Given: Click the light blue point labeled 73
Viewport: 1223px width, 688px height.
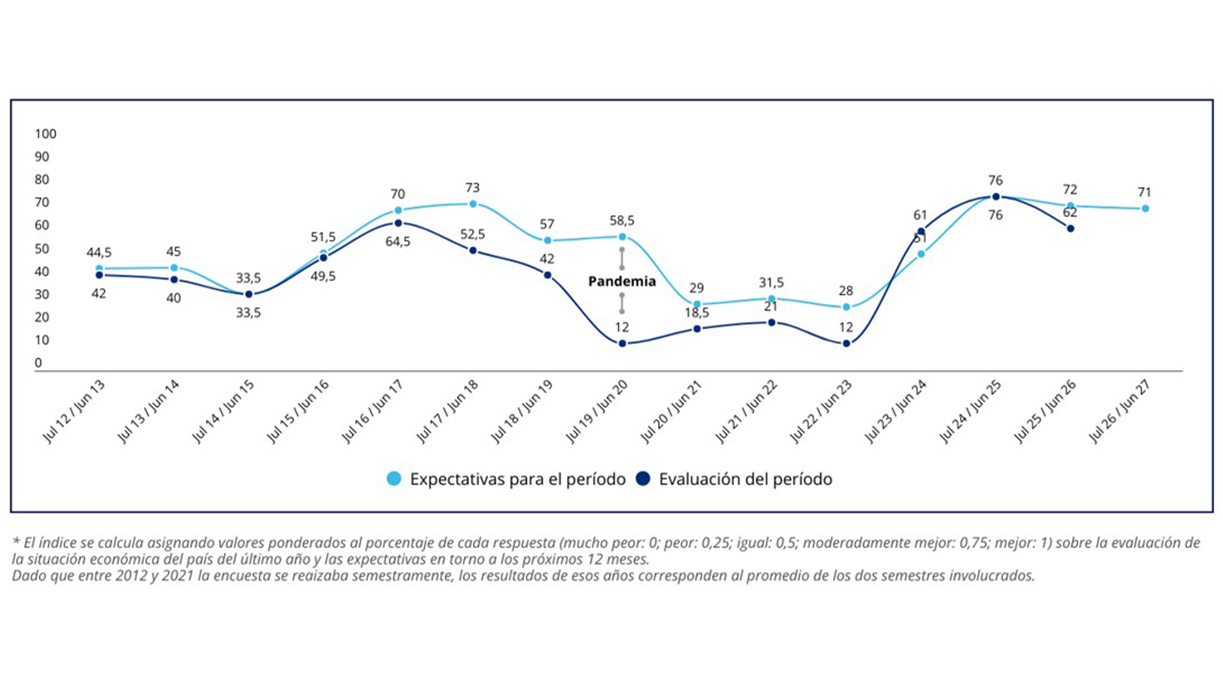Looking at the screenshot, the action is pos(473,204).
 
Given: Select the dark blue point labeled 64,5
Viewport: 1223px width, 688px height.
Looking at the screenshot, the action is pos(398,223).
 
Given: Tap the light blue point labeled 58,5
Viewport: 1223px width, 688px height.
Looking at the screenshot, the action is pos(622,237).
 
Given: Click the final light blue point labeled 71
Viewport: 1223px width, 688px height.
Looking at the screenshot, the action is pos(1145,208).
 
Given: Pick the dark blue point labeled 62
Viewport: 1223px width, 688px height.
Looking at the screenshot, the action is pos(1071,229).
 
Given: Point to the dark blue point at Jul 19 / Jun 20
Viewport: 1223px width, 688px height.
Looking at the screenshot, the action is pos(622,344).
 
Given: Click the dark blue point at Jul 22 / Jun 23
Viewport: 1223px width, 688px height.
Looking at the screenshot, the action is pos(847,344).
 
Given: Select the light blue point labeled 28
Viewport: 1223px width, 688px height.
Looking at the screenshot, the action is pos(847,307).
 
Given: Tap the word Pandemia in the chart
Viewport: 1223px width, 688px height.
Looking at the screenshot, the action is pos(622,282).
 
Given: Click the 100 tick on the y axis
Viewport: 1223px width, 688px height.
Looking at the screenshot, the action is pos(46,134).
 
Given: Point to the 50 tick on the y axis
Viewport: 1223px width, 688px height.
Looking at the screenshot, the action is pos(42,249).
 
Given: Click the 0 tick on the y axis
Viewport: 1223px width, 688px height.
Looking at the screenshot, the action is pos(38,363).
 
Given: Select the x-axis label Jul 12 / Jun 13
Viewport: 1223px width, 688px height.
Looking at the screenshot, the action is pos(74,412).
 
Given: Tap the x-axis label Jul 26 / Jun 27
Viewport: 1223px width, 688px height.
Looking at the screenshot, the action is pos(1120,412).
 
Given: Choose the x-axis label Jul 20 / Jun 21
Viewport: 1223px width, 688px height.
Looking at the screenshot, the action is pos(671,412).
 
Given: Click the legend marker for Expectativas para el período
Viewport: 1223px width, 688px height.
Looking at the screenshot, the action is pos(394,479).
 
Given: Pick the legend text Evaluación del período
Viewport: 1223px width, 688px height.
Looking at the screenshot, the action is pos(745,479).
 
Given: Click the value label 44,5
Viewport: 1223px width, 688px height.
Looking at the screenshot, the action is pos(99,253).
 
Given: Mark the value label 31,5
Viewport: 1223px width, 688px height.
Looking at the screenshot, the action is pos(771,282).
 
